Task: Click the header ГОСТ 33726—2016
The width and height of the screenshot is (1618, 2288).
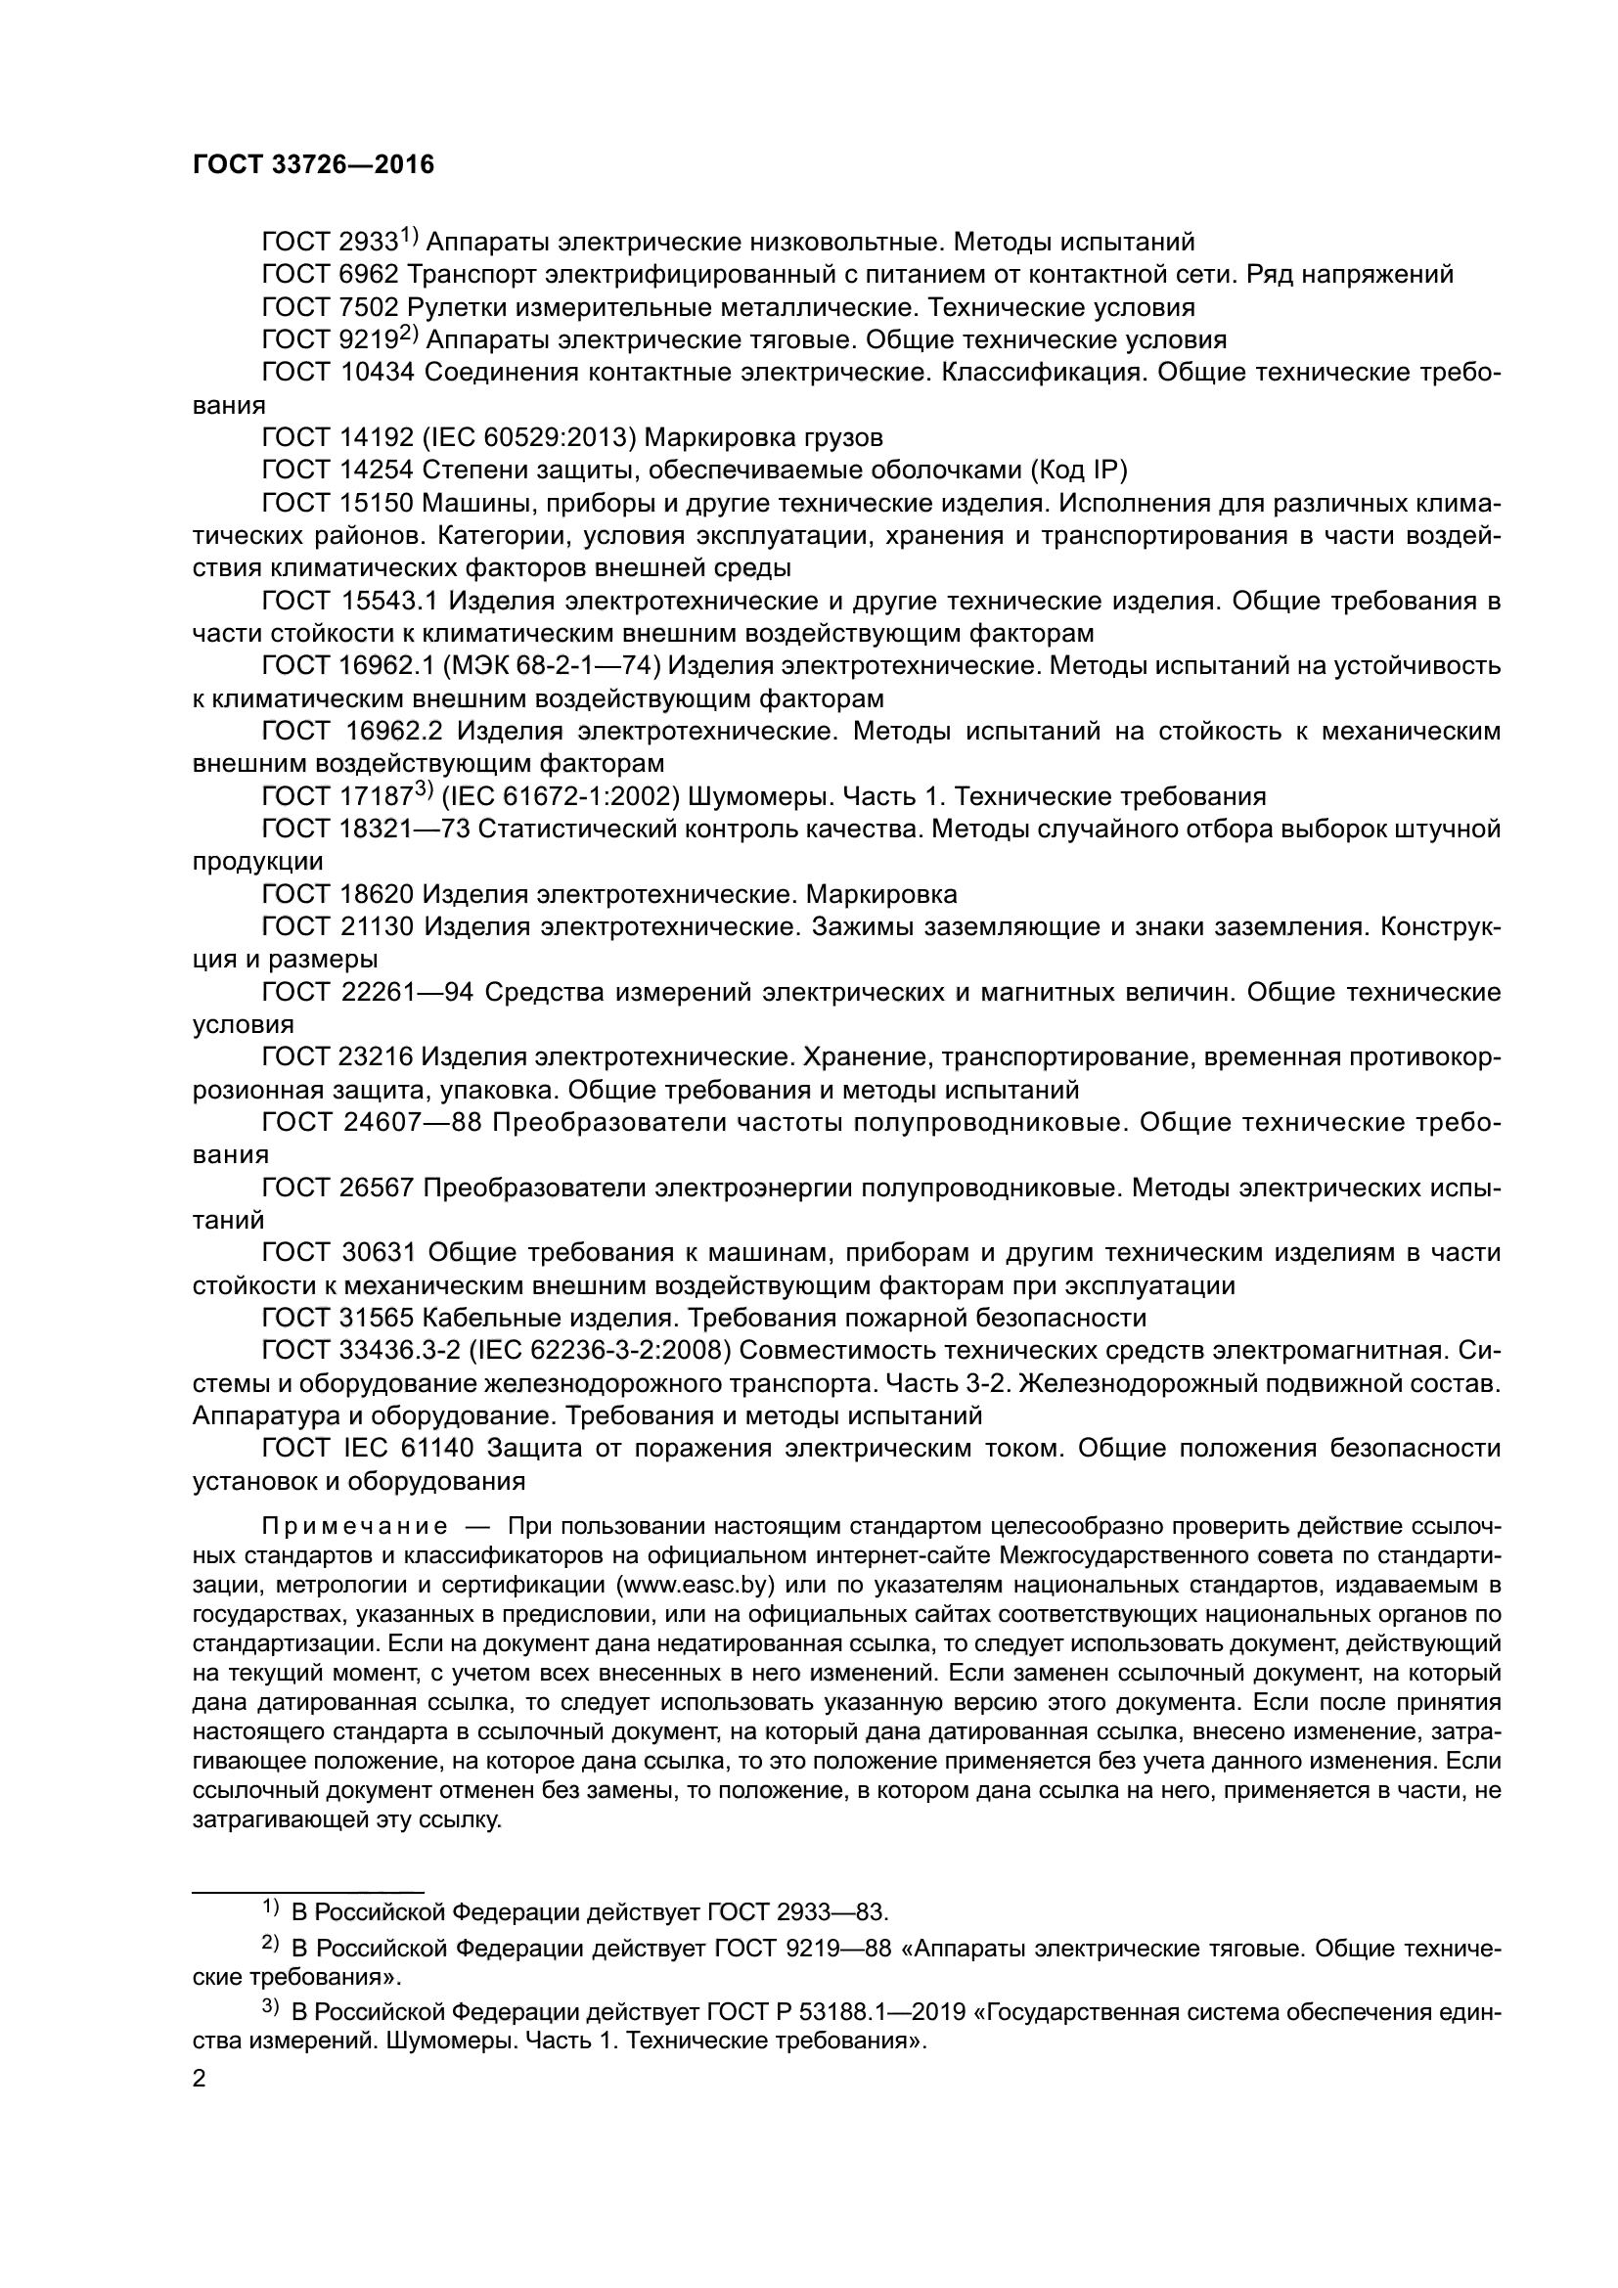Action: point(313,165)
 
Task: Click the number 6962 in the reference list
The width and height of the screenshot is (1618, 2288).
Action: point(367,275)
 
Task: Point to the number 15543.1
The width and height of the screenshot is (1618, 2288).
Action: point(383,602)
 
